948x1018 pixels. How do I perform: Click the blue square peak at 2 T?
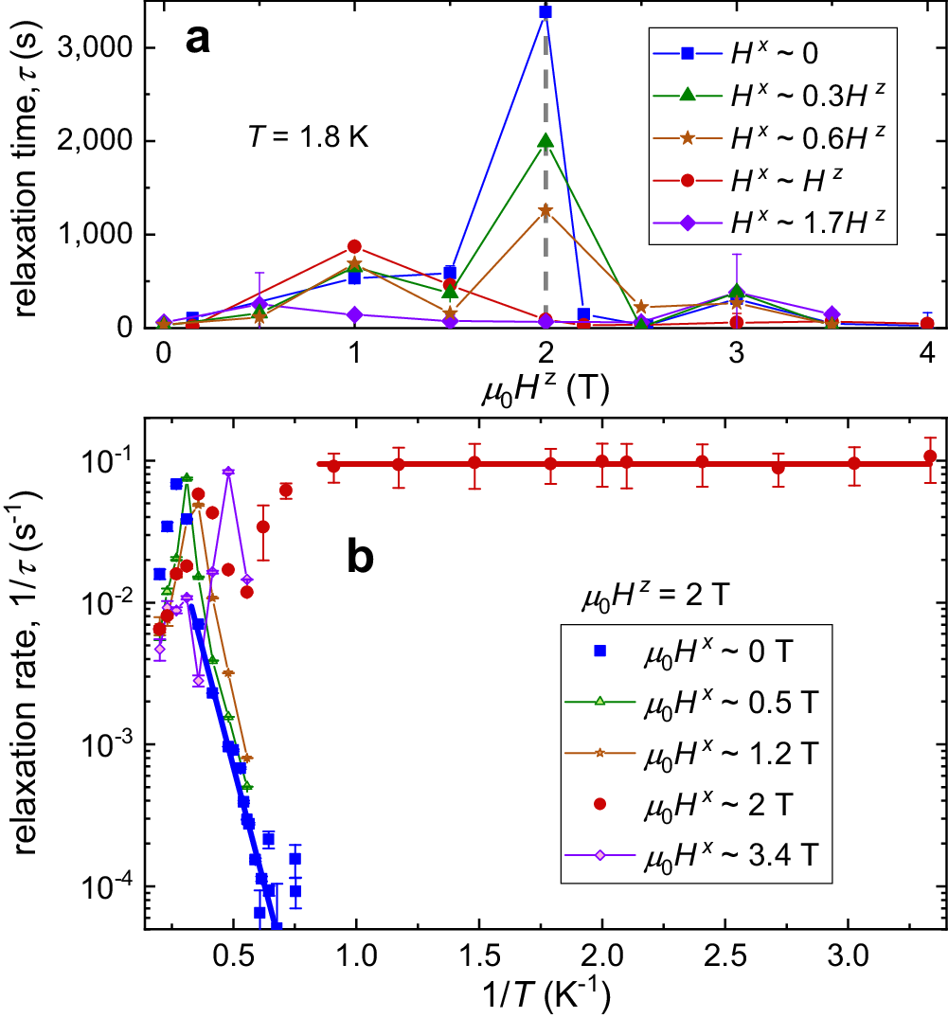(x=545, y=11)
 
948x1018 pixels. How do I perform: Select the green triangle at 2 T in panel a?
(x=545, y=141)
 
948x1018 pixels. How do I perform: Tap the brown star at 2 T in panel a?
(x=545, y=210)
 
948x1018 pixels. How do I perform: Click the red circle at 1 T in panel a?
(x=354, y=246)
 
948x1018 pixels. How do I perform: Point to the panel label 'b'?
(x=361, y=559)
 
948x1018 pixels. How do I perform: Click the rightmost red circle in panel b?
(x=930, y=456)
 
